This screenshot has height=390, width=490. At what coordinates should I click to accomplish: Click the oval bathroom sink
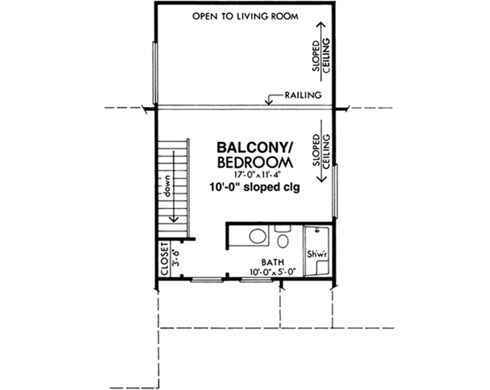pyautogui.click(x=256, y=238)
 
